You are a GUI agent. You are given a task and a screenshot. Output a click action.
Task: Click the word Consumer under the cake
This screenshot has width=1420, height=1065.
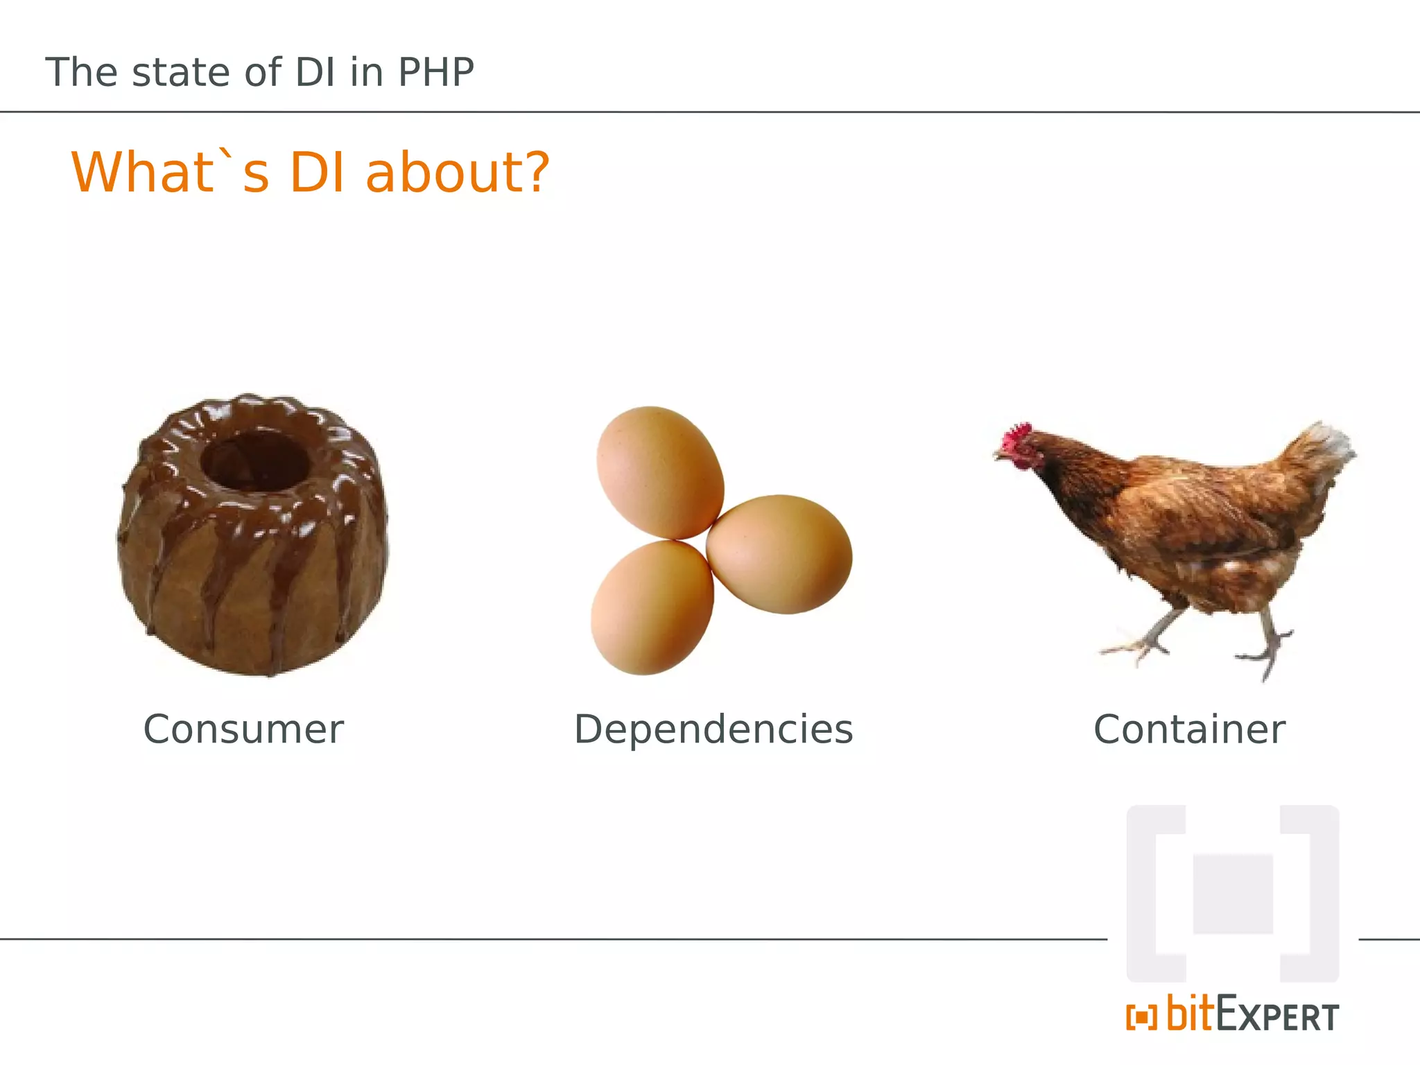pyautogui.click(x=243, y=729)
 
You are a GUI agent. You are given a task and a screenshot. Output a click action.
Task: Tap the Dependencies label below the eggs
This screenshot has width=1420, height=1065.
pyautogui.click(x=713, y=729)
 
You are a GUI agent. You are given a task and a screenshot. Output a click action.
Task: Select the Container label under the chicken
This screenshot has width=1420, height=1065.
pyautogui.click(x=1189, y=729)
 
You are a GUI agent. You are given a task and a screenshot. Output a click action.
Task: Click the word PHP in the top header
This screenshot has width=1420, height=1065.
pyautogui.click(x=436, y=72)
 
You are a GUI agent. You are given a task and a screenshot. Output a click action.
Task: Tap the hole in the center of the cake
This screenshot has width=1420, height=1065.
pyautogui.click(x=254, y=459)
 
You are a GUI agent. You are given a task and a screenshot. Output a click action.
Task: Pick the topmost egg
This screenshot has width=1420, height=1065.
pyautogui.click(x=659, y=471)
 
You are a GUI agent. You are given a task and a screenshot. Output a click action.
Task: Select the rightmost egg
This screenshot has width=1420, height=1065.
pyautogui.click(x=779, y=553)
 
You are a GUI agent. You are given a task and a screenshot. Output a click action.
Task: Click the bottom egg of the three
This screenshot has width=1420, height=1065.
pyautogui.click(x=652, y=607)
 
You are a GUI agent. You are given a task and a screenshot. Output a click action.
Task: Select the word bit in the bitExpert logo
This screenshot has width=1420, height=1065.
pyautogui.click(x=1191, y=1014)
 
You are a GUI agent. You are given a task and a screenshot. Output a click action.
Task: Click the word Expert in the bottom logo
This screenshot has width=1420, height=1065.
pyautogui.click(x=1277, y=1017)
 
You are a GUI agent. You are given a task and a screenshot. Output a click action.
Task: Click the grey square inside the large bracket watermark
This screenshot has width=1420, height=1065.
pyautogui.click(x=1233, y=894)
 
